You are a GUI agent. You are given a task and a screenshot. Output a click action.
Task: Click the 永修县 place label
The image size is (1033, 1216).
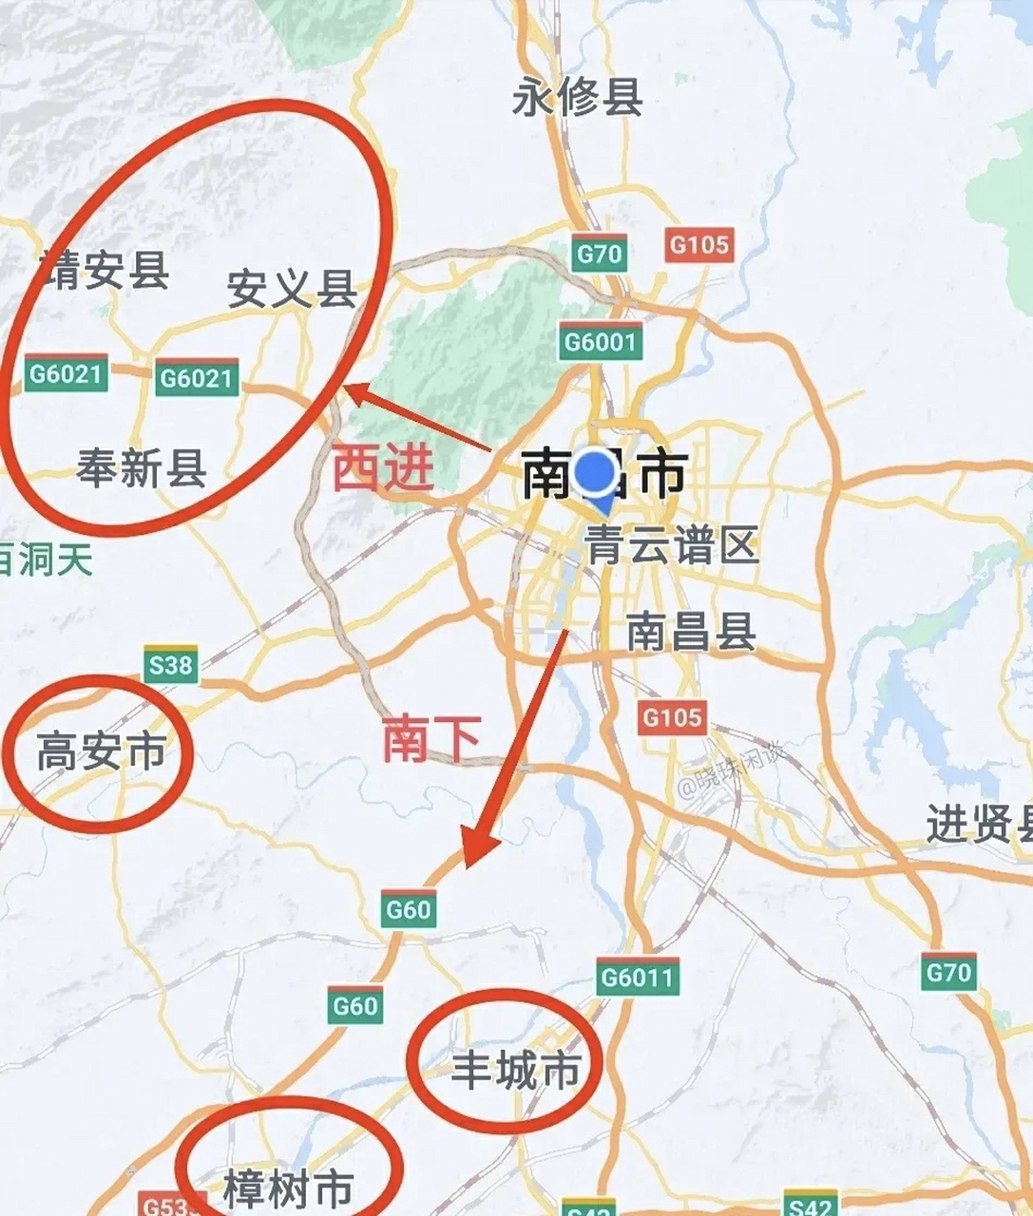coord(577,98)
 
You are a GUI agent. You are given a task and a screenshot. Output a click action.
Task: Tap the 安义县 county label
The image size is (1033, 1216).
coord(292,289)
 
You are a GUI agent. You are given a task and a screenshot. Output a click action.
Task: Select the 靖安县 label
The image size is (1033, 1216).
coord(106,271)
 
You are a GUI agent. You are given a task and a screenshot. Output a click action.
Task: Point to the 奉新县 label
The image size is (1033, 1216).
coord(142,468)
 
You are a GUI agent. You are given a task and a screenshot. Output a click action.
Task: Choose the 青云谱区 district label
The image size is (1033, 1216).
coord(673,546)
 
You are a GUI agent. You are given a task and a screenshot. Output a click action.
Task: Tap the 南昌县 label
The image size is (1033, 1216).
coord(691,632)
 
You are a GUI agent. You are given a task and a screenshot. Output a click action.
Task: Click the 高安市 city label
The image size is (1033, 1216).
coord(101,753)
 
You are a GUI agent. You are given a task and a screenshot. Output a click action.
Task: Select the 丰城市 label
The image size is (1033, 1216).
coord(515,1071)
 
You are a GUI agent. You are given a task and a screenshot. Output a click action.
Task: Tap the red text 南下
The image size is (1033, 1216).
coord(431,739)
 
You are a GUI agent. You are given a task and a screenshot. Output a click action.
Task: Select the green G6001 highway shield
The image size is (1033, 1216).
coord(601,342)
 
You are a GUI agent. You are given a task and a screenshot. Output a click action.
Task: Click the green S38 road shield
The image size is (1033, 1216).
coord(171,666)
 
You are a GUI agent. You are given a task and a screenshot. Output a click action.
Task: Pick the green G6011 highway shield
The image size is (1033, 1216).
coord(638,977)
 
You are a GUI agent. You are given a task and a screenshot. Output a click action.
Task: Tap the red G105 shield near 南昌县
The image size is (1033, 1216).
coord(672,716)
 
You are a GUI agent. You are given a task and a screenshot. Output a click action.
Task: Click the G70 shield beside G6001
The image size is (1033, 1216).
coord(600,254)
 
